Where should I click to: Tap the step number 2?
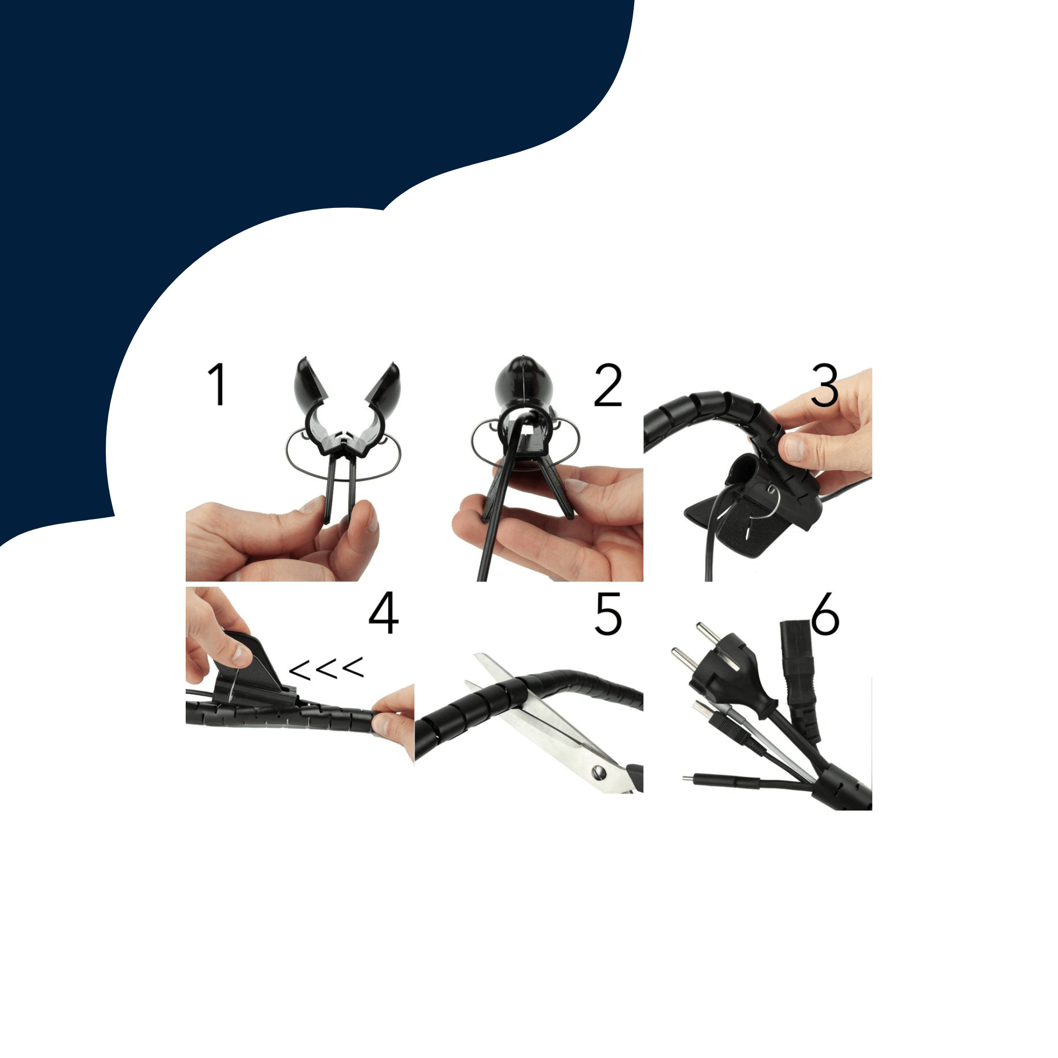[608, 386]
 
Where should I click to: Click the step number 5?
[608, 614]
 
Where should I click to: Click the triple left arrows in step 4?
[326, 668]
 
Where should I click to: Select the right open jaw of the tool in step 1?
[384, 384]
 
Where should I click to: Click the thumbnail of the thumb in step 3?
[792, 448]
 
